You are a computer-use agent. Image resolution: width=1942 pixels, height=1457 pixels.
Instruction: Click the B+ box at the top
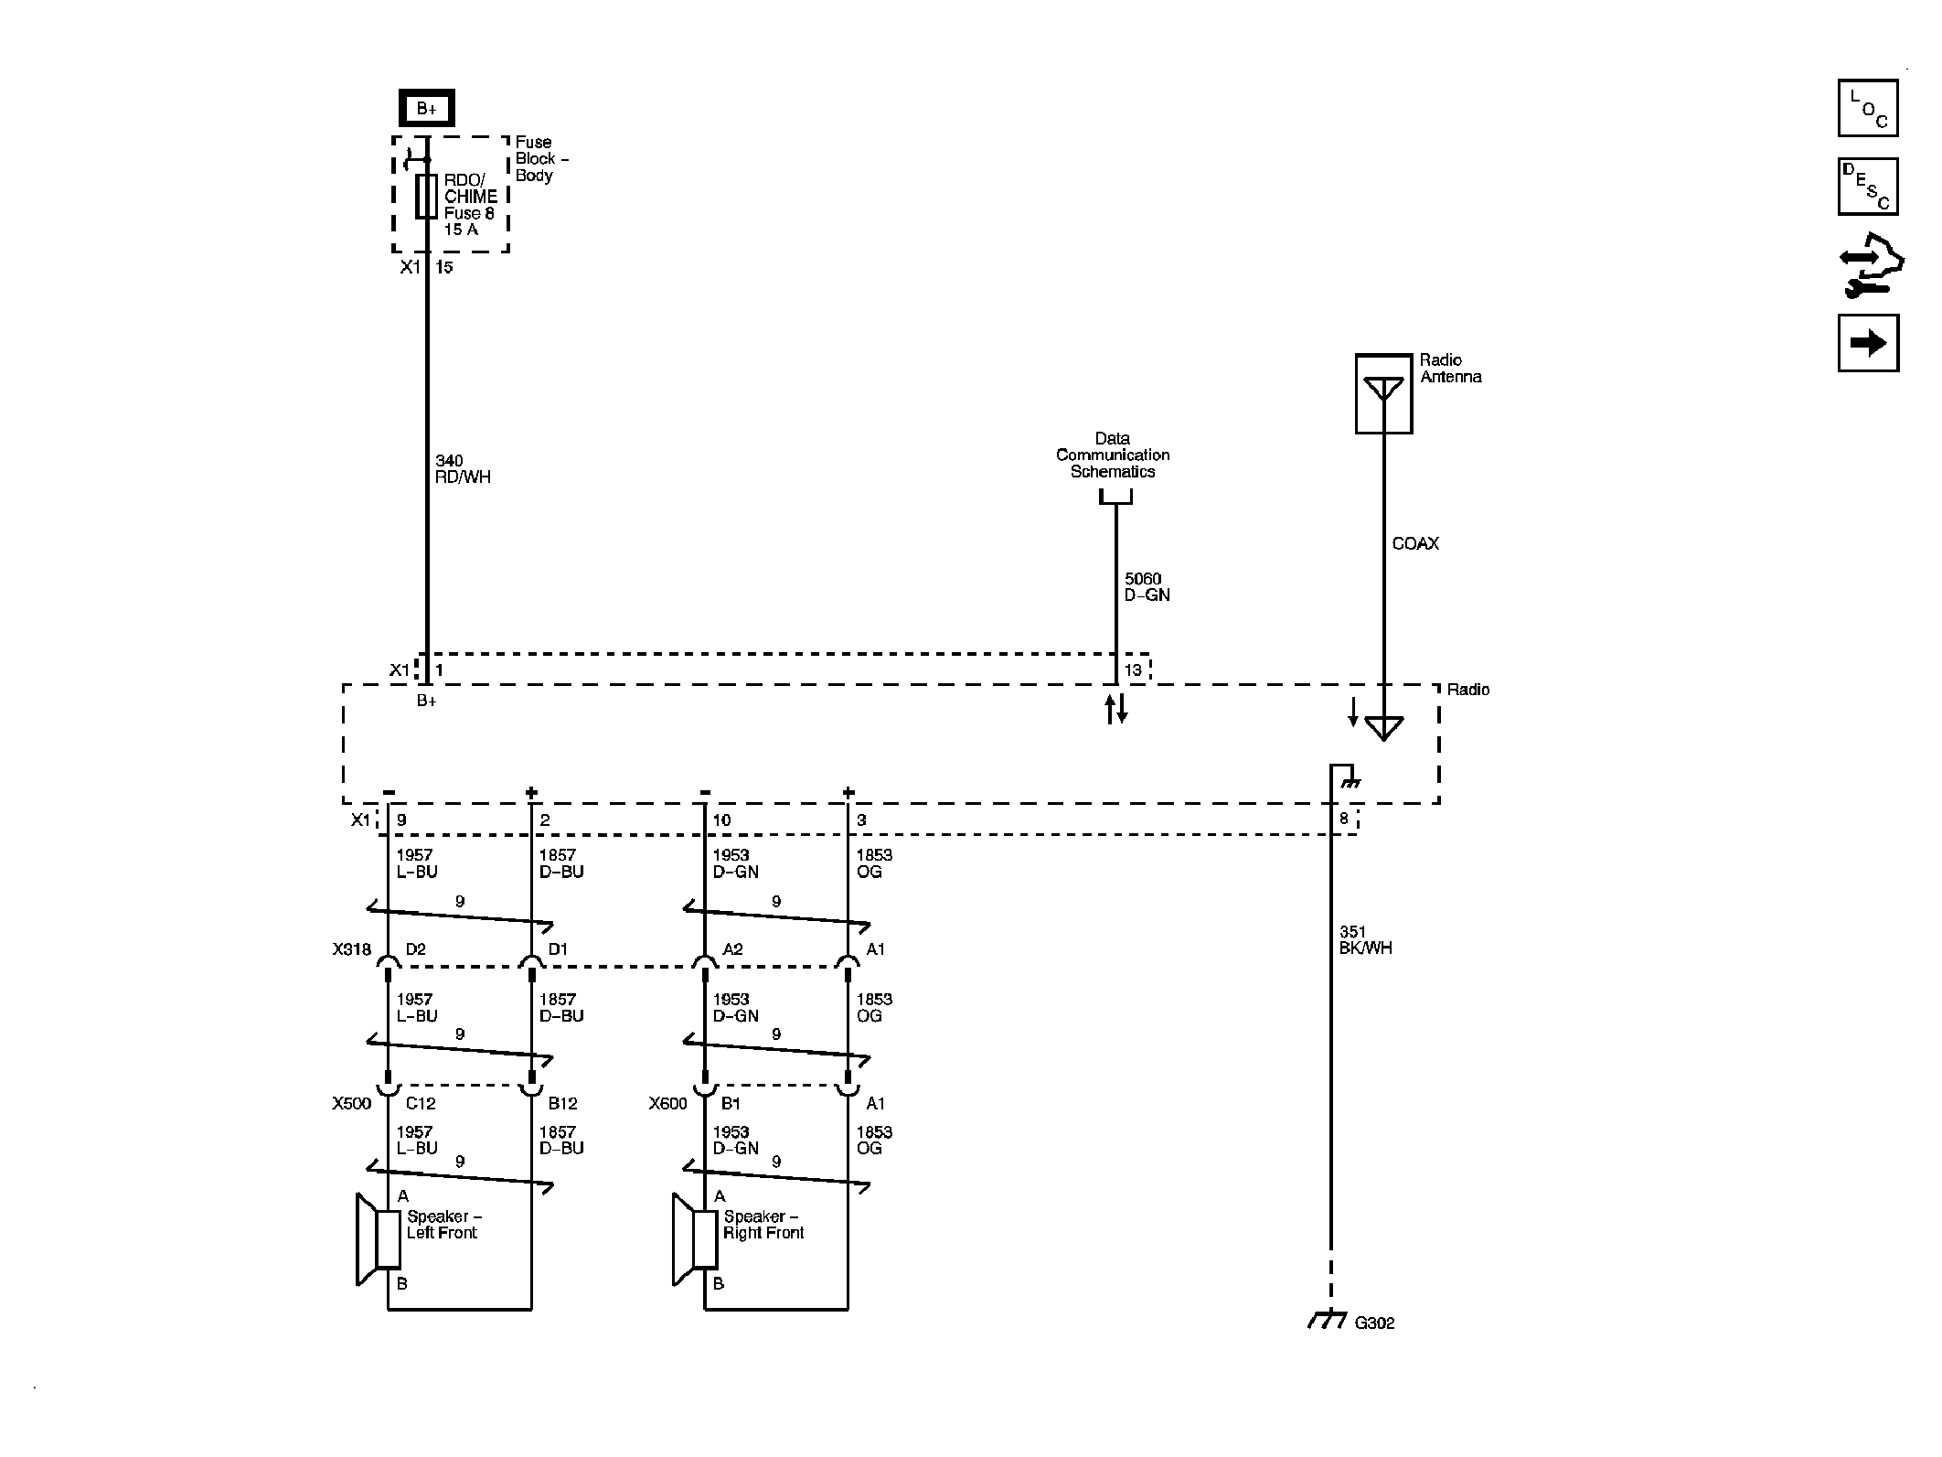tap(426, 109)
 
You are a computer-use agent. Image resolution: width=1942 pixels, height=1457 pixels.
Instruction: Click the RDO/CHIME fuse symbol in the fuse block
tap(426, 197)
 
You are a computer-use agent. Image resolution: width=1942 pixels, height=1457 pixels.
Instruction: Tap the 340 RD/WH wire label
tap(463, 469)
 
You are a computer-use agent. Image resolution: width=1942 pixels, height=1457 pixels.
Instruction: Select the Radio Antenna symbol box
tap(1383, 394)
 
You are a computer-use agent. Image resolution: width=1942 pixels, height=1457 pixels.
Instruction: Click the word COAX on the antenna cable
tap(1415, 544)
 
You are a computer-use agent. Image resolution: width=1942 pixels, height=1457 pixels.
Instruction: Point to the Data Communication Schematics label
tap(1113, 455)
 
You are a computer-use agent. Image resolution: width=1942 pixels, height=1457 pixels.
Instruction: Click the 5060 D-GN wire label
tap(1147, 587)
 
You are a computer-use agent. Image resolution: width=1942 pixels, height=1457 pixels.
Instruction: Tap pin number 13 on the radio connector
tap(1133, 670)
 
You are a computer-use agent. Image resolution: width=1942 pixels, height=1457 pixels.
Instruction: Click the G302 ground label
tap(1374, 1323)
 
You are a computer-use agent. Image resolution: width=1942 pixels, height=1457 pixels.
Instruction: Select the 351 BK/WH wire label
tap(1365, 940)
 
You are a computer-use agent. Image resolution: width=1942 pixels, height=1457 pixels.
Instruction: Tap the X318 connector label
tap(352, 950)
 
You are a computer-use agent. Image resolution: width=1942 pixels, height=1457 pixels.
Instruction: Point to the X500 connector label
tap(352, 1104)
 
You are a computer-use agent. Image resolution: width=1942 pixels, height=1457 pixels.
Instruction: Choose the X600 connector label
tap(668, 1104)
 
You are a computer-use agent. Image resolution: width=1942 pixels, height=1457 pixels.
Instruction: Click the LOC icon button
tap(1868, 108)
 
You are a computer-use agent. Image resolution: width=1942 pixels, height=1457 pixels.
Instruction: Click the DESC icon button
tap(1868, 187)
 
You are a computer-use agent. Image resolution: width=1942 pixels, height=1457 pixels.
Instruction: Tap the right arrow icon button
tap(1868, 343)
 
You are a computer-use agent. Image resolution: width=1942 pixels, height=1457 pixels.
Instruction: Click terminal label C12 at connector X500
tap(414, 1104)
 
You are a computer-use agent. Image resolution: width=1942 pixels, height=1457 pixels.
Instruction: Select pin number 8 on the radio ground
tap(1344, 820)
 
